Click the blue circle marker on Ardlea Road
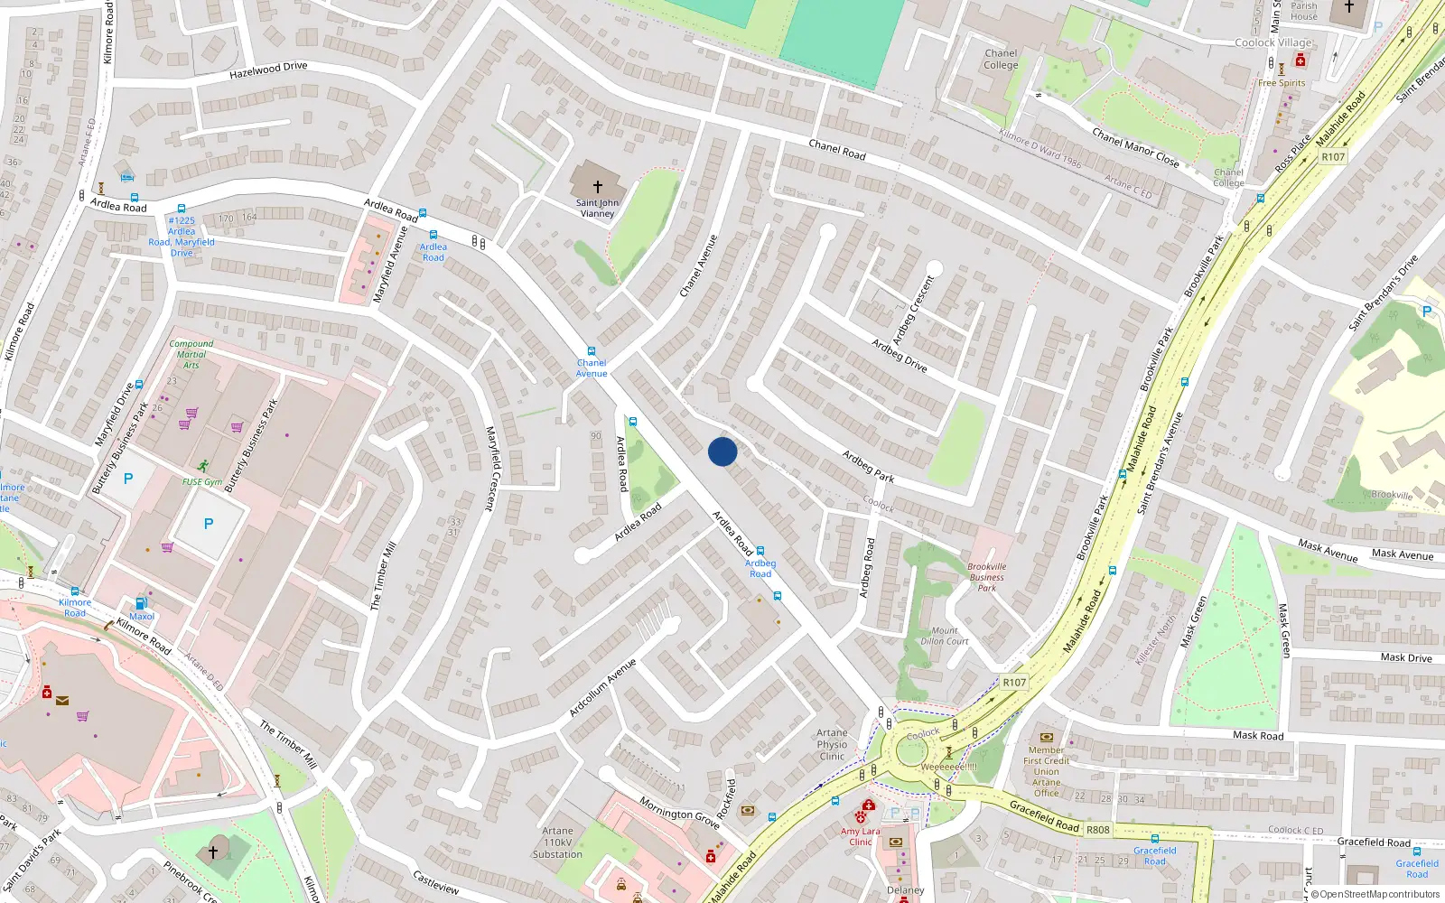(722, 451)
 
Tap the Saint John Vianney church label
(597, 209)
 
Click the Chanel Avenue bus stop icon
(592, 351)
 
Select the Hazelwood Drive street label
(268, 70)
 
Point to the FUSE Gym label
(202, 482)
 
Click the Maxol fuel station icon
(141, 603)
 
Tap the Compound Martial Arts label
(191, 354)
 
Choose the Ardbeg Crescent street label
(913, 310)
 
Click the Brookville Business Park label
(986, 578)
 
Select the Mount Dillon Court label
(945, 637)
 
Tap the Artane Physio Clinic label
(832, 745)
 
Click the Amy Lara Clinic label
(860, 836)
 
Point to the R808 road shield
(1098, 830)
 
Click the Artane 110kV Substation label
(557, 842)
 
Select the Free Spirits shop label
(1282, 83)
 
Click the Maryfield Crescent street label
(492, 469)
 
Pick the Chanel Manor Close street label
(1135, 147)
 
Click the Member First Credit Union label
(1047, 771)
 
